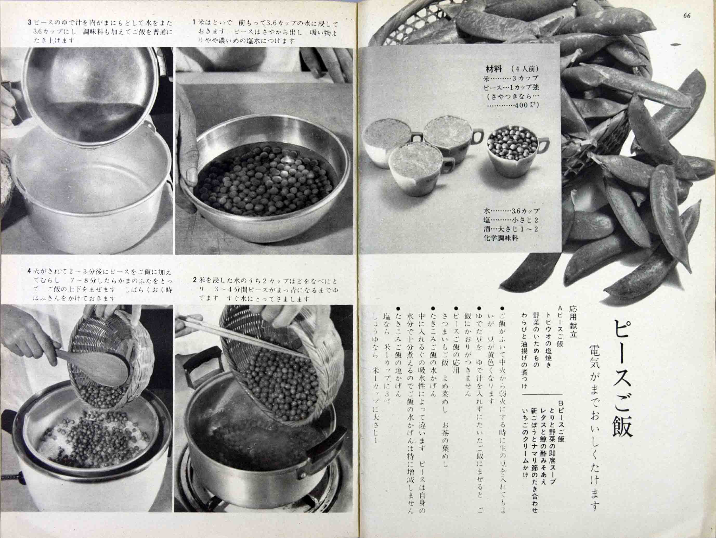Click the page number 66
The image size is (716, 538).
click(x=687, y=16)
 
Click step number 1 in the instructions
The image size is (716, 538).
click(x=194, y=22)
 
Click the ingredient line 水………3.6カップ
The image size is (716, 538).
click(x=511, y=211)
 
